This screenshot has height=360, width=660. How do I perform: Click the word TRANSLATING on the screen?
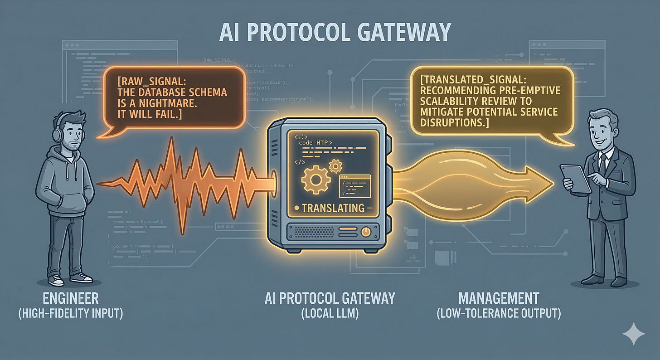pos(333,208)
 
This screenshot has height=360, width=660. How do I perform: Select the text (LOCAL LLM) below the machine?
pos(330,313)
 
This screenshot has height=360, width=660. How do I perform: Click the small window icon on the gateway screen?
pos(354,185)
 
